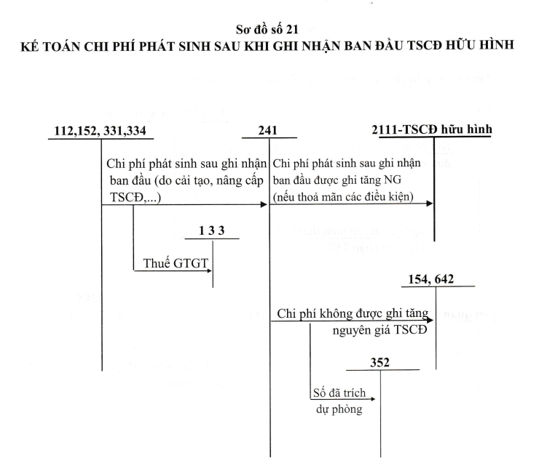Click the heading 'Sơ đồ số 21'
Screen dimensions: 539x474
point(267,30)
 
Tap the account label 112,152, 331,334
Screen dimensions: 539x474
point(100,131)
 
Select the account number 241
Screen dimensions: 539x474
point(268,130)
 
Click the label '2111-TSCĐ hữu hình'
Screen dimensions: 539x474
point(432,129)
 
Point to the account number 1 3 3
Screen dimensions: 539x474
point(212,230)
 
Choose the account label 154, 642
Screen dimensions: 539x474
point(430,279)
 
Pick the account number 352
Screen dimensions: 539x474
point(379,363)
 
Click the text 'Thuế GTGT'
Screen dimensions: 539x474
point(176,263)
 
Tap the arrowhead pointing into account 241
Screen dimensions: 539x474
point(264,205)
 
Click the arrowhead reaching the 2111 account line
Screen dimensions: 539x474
point(429,204)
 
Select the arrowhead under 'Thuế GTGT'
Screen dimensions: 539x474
point(209,271)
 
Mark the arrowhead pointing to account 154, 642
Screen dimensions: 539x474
point(430,321)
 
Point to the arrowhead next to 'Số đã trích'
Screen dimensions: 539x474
point(373,398)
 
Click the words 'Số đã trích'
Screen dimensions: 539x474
point(339,393)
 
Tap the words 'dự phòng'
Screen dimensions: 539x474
point(339,409)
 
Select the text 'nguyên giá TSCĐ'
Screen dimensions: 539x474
point(379,330)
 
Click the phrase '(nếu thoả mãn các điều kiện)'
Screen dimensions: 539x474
point(343,197)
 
